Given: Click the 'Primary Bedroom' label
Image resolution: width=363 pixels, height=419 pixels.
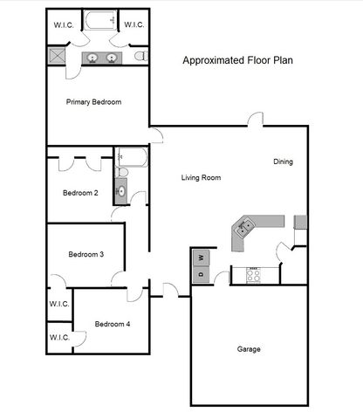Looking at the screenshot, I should (x=93, y=102).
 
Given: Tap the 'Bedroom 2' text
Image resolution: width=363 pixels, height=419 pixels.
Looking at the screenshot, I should (x=79, y=193).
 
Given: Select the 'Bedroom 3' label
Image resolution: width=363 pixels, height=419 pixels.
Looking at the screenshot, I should (x=86, y=254).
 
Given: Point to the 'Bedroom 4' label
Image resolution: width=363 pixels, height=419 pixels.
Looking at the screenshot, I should (x=112, y=324).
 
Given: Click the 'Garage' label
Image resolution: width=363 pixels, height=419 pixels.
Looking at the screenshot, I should (x=249, y=349).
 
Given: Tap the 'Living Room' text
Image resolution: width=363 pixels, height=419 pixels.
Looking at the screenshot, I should (x=201, y=178).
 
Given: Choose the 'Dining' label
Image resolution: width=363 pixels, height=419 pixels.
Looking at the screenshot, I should (x=283, y=161).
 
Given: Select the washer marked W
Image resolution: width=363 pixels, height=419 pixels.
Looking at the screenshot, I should (x=200, y=258).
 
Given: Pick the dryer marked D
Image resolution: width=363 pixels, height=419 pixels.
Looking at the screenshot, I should (x=200, y=275).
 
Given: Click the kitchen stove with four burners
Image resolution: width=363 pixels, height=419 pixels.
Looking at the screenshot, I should (x=254, y=275).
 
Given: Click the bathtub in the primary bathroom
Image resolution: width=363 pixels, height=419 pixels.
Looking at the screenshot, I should (x=100, y=21).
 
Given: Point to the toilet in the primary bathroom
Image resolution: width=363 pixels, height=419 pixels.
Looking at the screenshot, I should (x=141, y=57).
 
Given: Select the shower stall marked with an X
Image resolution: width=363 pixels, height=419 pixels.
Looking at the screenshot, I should (x=57, y=57).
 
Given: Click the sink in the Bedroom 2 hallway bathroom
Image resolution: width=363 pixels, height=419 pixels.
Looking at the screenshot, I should (x=120, y=190).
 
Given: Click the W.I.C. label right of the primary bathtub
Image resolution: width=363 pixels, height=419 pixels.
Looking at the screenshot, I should (x=134, y=24).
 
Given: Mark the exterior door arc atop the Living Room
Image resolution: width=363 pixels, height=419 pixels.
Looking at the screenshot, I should (x=253, y=120).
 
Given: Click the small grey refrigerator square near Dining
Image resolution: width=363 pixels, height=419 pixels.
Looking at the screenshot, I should (x=300, y=222).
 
